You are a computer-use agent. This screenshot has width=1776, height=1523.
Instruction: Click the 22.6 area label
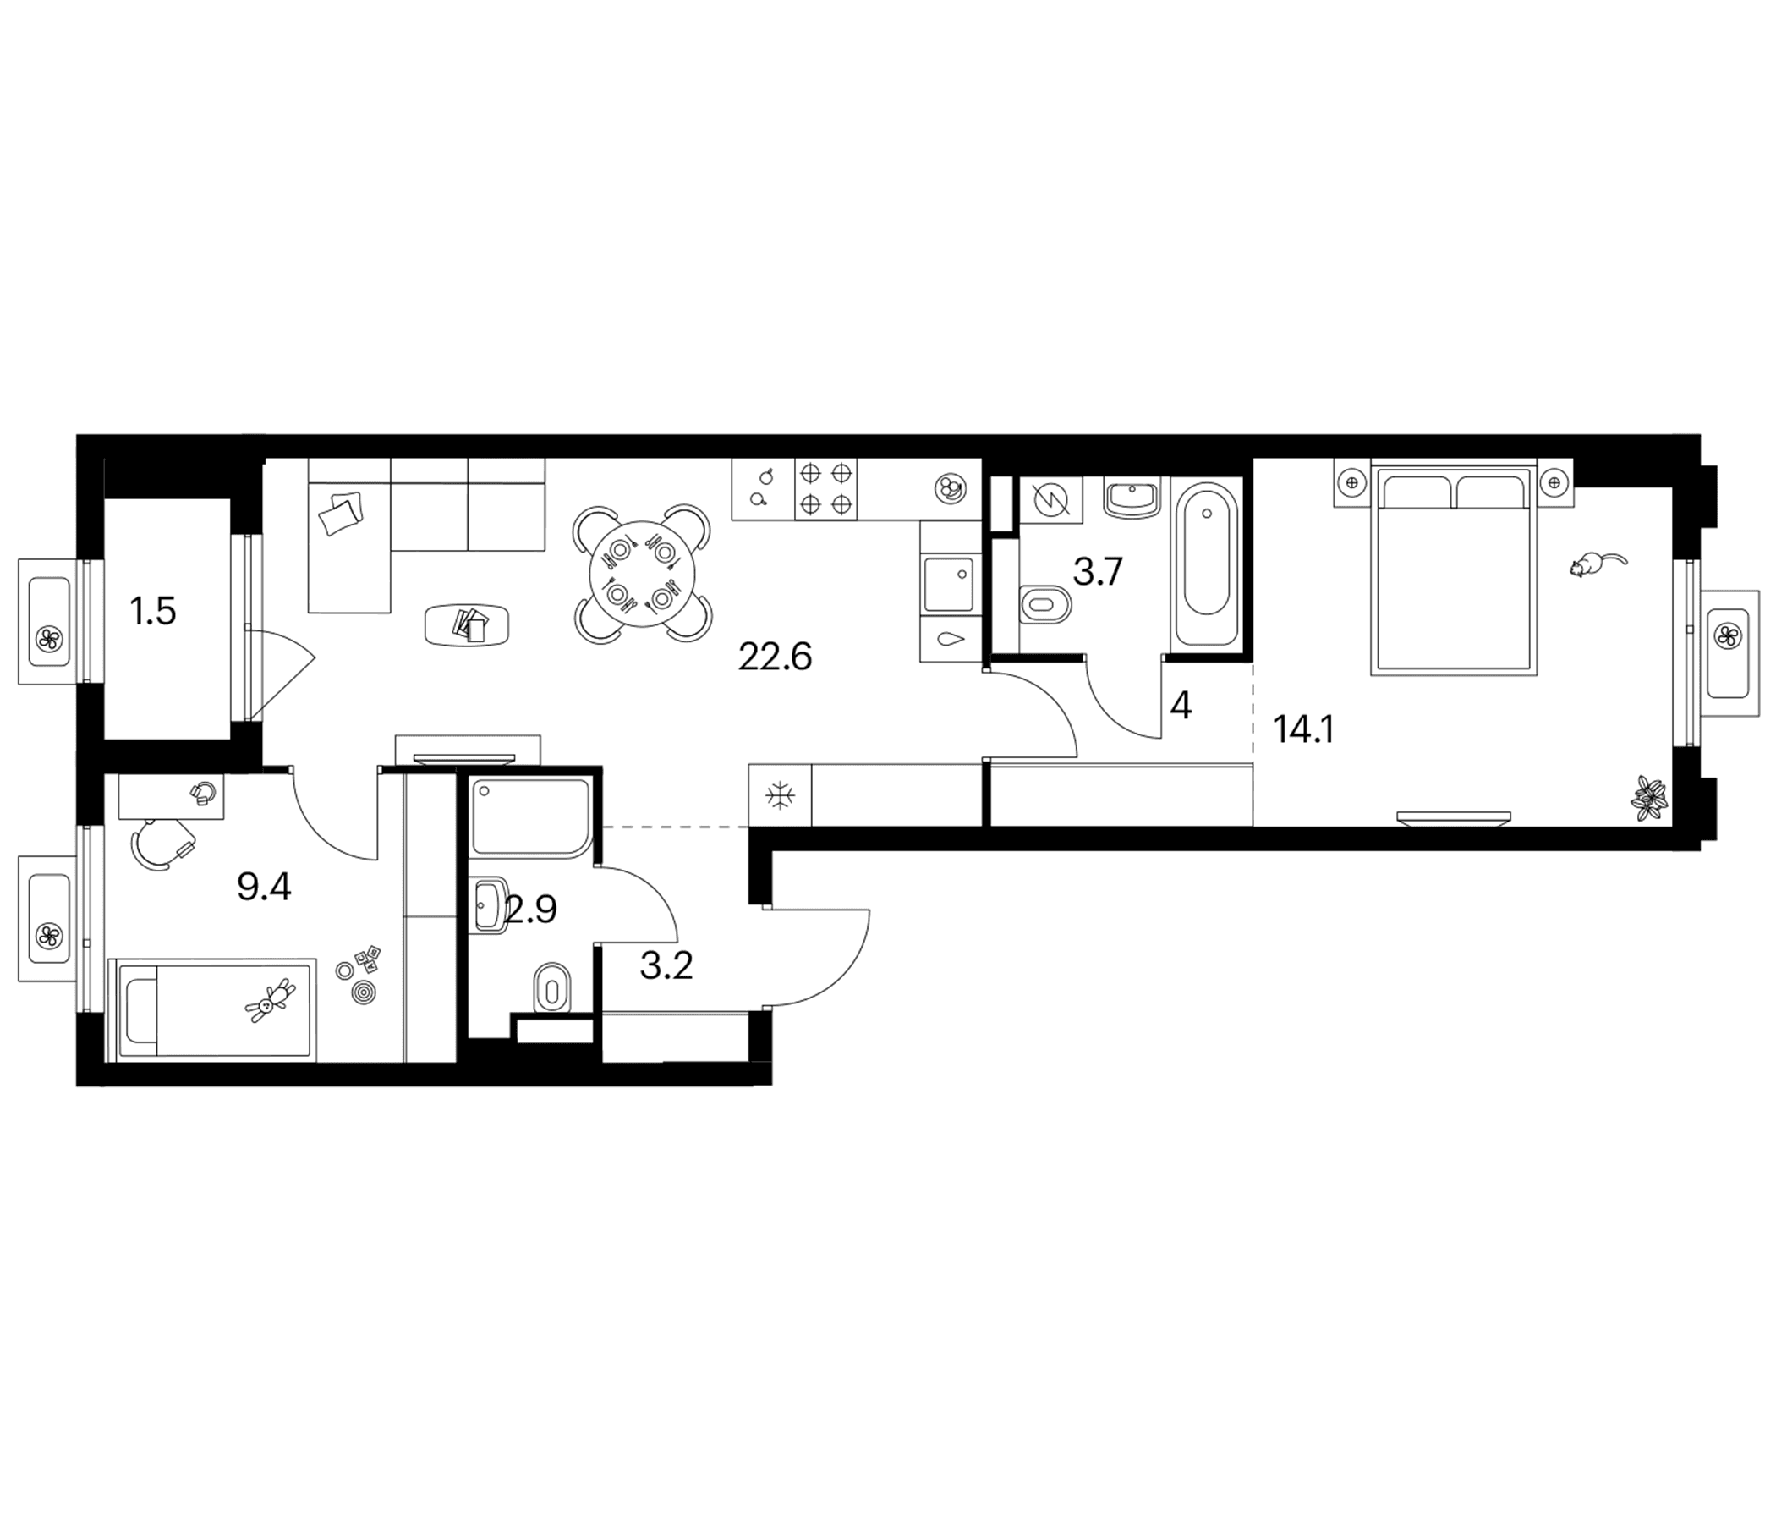[x=775, y=657]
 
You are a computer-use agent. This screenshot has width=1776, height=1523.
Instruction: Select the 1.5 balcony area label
[x=153, y=613]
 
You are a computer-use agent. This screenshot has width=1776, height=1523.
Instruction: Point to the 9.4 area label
[x=265, y=887]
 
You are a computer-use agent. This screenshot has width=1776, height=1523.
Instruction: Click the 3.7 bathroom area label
[x=1098, y=571]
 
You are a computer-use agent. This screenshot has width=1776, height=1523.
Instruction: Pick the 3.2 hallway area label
[x=666, y=965]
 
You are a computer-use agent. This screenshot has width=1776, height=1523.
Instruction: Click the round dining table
[x=642, y=573]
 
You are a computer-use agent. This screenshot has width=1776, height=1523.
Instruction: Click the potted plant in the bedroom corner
[x=1649, y=797]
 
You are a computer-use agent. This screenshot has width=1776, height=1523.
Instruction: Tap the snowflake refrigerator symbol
[x=779, y=796]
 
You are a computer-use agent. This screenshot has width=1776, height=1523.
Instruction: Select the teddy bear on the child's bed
[x=271, y=1001]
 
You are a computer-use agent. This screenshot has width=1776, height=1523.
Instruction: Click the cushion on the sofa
[x=340, y=514]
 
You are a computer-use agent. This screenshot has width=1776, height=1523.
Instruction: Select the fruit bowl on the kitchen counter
[x=949, y=488]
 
